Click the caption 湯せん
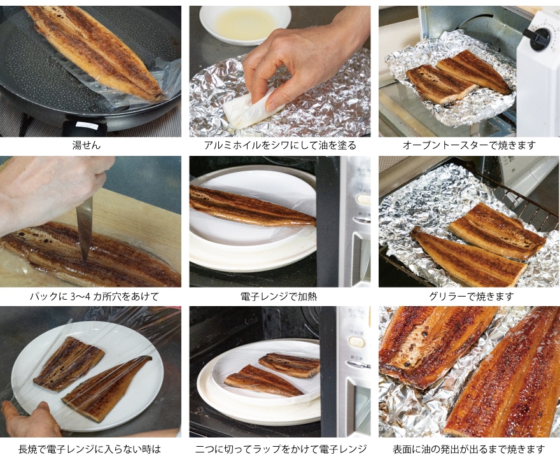(x=87, y=145)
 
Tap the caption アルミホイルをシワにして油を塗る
(x=280, y=145)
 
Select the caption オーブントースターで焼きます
(x=469, y=145)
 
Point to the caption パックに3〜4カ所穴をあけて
(x=94, y=297)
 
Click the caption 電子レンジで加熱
(x=279, y=297)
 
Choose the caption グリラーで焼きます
(x=471, y=297)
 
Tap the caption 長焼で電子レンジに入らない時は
(x=90, y=449)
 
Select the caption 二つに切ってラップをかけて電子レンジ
(x=281, y=449)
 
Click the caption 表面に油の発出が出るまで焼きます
(x=469, y=449)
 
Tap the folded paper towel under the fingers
(x=252, y=108)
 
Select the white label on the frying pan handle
(x=88, y=125)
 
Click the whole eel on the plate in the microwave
(x=253, y=208)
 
